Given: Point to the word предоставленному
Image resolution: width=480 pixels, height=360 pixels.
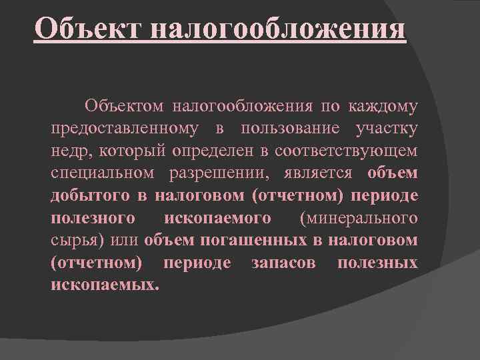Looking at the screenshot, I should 124,128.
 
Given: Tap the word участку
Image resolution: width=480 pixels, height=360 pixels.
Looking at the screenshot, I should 387,128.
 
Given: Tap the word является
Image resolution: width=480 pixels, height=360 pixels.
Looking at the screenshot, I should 317,173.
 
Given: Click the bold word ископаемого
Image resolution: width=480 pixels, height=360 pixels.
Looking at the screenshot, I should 217,218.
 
